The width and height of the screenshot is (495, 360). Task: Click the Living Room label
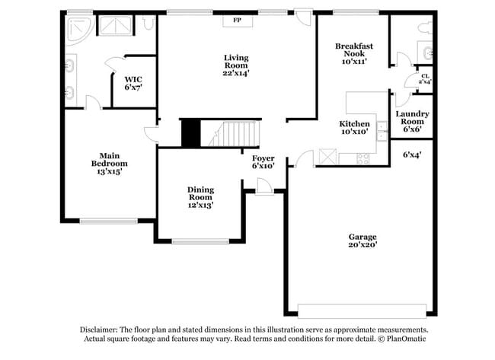click(x=236, y=65)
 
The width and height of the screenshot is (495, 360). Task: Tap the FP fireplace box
click(x=237, y=21)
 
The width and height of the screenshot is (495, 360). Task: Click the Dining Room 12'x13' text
click(x=201, y=196)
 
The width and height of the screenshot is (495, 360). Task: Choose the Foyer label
click(x=263, y=161)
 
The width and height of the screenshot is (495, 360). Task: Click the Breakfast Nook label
click(x=354, y=53)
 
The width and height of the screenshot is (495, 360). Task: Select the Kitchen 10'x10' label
click(x=354, y=127)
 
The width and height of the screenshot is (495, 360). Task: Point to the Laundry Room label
click(x=412, y=121)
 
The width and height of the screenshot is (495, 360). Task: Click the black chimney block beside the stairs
click(x=190, y=134)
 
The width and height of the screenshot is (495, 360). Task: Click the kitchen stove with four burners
click(x=362, y=158)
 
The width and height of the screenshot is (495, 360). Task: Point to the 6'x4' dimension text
click(x=412, y=155)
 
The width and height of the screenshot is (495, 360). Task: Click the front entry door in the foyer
click(x=264, y=186)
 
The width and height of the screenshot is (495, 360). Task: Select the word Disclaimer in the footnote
click(x=104, y=330)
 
